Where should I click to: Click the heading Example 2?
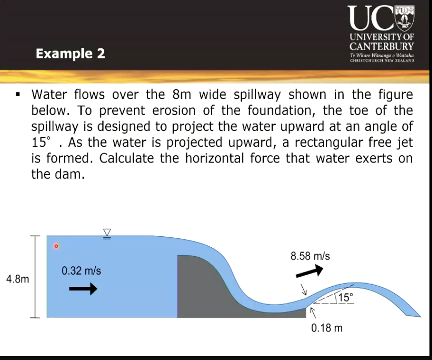71,54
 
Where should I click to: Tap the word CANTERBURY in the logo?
381,46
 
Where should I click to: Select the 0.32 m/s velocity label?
81,271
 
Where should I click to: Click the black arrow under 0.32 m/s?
84,288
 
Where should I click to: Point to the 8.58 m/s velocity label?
310,256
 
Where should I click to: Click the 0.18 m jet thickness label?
327,328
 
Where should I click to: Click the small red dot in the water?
56,246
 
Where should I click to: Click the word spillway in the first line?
227,94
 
